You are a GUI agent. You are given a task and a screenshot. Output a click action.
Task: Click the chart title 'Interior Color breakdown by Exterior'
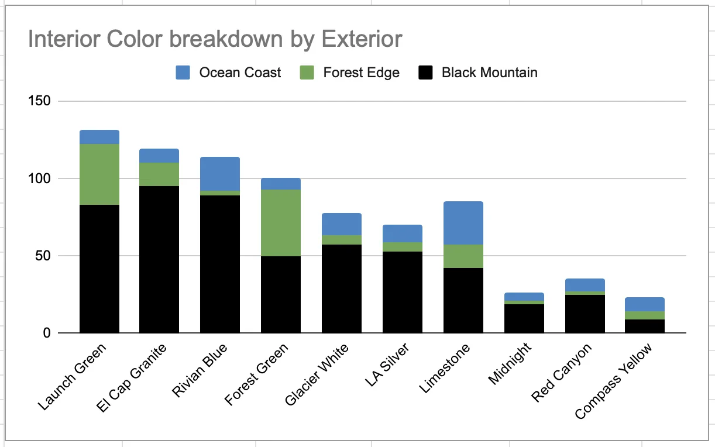(x=215, y=40)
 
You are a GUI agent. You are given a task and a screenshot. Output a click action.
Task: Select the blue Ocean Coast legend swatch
(x=183, y=73)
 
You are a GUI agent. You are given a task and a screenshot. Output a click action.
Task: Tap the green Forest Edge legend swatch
(x=307, y=73)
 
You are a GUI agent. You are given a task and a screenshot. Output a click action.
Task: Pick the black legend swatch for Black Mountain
(x=425, y=73)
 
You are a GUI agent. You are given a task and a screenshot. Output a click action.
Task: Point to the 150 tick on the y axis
(x=39, y=101)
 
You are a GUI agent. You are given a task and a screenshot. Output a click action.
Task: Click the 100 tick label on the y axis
(x=39, y=178)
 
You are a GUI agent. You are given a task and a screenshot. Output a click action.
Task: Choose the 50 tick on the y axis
(x=43, y=256)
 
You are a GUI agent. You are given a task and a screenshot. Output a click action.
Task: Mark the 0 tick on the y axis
(x=47, y=333)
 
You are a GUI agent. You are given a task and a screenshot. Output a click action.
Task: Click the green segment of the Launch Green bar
(x=99, y=174)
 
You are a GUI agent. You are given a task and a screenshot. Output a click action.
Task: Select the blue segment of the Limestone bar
(x=463, y=223)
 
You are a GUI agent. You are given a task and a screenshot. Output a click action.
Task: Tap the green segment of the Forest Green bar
(x=281, y=223)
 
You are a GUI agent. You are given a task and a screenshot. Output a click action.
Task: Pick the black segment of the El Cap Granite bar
(x=159, y=259)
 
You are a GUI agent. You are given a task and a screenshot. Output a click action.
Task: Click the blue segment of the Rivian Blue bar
(x=220, y=174)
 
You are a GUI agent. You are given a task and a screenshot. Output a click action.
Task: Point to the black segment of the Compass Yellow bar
(x=645, y=326)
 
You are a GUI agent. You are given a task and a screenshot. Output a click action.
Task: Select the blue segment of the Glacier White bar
(x=342, y=224)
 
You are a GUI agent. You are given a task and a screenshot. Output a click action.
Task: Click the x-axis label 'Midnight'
(x=510, y=363)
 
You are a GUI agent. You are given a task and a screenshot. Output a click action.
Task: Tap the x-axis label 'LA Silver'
(x=387, y=365)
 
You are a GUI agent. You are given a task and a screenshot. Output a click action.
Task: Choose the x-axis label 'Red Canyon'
(x=562, y=372)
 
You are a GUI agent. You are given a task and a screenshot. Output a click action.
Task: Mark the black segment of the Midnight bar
(x=524, y=319)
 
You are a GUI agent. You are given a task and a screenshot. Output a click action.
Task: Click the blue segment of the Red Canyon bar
(x=585, y=285)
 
